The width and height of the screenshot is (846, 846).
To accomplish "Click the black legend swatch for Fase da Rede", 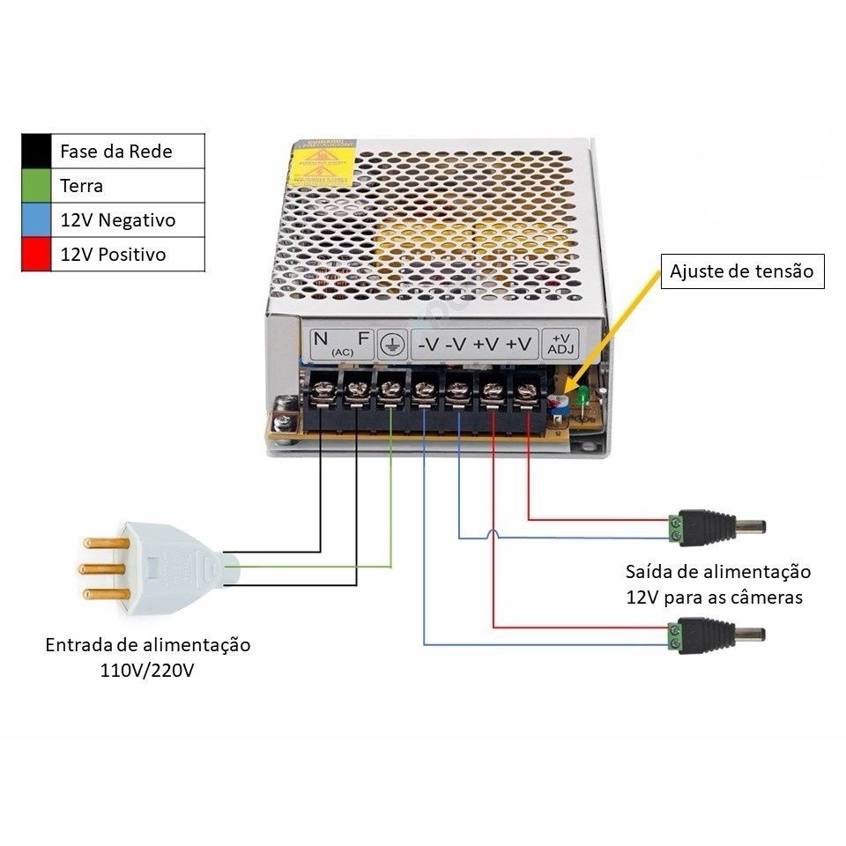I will point(36,151).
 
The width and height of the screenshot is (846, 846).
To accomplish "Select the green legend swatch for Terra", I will point(36,185).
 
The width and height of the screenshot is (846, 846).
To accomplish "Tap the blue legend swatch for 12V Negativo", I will point(36,219).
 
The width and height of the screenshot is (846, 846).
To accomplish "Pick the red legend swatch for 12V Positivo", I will point(36,254).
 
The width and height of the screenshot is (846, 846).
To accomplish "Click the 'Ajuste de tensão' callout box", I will point(742,271).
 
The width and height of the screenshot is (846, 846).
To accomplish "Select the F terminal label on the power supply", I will point(362,339).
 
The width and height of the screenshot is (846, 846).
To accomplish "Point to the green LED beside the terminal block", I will point(582,399).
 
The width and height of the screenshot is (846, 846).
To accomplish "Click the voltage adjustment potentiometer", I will point(557,404).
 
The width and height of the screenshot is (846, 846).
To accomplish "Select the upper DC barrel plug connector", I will point(716,527).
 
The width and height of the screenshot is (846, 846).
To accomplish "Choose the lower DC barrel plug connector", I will point(715,634).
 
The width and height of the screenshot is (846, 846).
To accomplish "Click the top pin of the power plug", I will point(105,542).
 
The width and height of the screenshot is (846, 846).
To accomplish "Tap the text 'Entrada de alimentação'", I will point(148,645).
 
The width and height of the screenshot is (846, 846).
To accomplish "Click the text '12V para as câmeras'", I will point(715,597).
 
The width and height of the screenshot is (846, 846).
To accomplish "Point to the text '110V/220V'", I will point(148,671).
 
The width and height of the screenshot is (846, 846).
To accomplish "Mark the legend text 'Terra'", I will point(81,186).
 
